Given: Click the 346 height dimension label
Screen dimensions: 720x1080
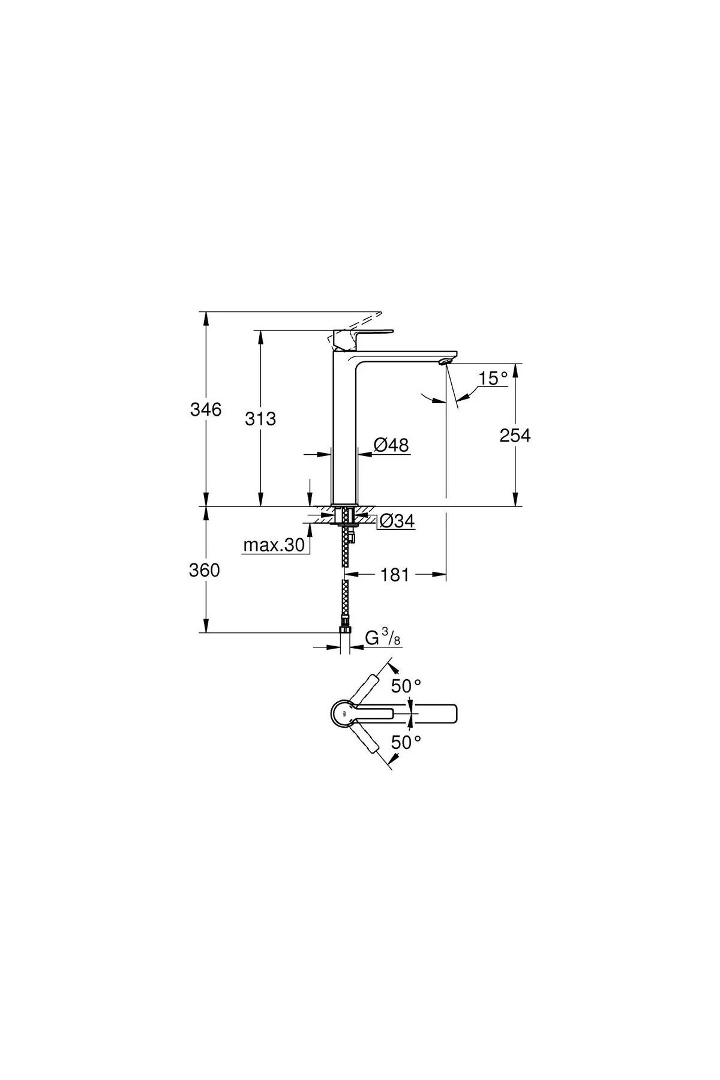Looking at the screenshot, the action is pyautogui.click(x=206, y=410).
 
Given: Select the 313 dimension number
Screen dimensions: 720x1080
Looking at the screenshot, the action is pyautogui.click(x=260, y=418).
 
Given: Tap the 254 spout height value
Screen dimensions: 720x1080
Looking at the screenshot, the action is pyautogui.click(x=515, y=436).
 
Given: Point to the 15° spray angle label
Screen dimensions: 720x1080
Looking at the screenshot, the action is pyautogui.click(x=493, y=378).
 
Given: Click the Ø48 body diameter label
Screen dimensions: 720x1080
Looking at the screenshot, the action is pyautogui.click(x=391, y=445).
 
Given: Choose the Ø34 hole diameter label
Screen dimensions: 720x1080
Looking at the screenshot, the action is pyautogui.click(x=397, y=521).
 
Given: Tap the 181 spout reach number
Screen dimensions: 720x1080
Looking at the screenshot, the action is pyautogui.click(x=395, y=575).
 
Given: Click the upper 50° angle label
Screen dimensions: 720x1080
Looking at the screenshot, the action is pyautogui.click(x=407, y=686).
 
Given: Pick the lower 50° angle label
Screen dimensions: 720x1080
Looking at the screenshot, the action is pyautogui.click(x=407, y=742).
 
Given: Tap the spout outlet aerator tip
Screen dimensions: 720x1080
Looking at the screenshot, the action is pyautogui.click(x=444, y=361).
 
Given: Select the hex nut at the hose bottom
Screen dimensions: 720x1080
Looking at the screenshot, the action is pyautogui.click(x=344, y=628).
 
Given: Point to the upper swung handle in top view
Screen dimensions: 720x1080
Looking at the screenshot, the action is pyautogui.click(x=365, y=689).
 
